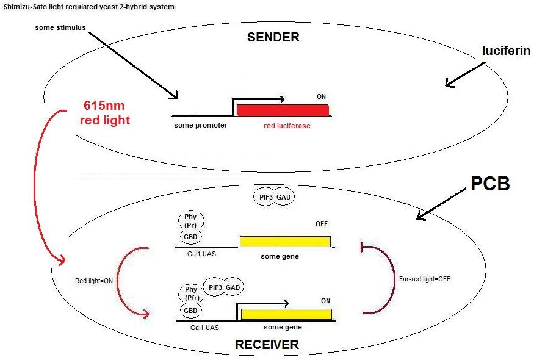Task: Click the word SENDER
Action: pos(273,37)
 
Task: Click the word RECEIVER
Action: pos(267,345)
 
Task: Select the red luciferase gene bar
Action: pos(283,110)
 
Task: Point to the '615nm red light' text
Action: pos(106,113)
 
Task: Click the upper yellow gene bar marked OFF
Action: pos(285,241)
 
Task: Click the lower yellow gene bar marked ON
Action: pos(286,314)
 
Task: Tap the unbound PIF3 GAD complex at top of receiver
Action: pos(272,197)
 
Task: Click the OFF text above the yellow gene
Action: pos(321,224)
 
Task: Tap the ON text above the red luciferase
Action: pos(321,96)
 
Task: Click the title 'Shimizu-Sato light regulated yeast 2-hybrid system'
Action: pos(88,7)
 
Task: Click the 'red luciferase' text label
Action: pos(283,126)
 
